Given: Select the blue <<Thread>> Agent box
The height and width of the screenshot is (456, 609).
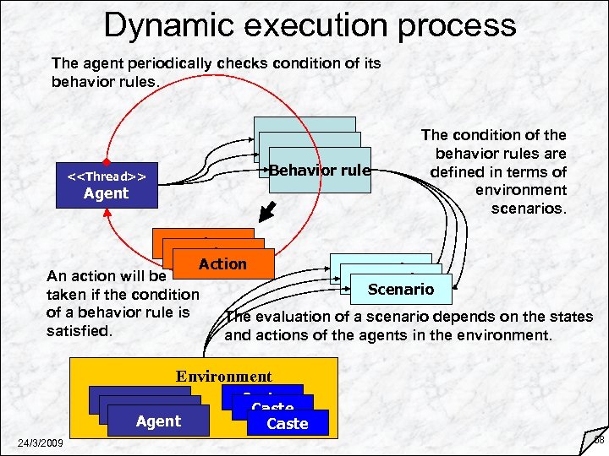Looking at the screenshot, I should tap(106, 185).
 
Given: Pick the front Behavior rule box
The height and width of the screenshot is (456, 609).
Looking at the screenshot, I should tap(320, 171).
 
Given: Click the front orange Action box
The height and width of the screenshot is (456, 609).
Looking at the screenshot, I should tap(222, 264).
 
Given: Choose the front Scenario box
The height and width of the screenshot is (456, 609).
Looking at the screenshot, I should tap(401, 290).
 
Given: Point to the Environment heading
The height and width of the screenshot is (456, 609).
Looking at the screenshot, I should tap(223, 377).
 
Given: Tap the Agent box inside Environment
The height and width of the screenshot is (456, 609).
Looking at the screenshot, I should tap(158, 421).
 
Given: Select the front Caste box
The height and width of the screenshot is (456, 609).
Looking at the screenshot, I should tap(287, 423).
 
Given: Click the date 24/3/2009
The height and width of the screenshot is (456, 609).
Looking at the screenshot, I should tap(36, 443).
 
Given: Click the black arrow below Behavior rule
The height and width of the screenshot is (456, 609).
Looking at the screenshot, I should tap(267, 210).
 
